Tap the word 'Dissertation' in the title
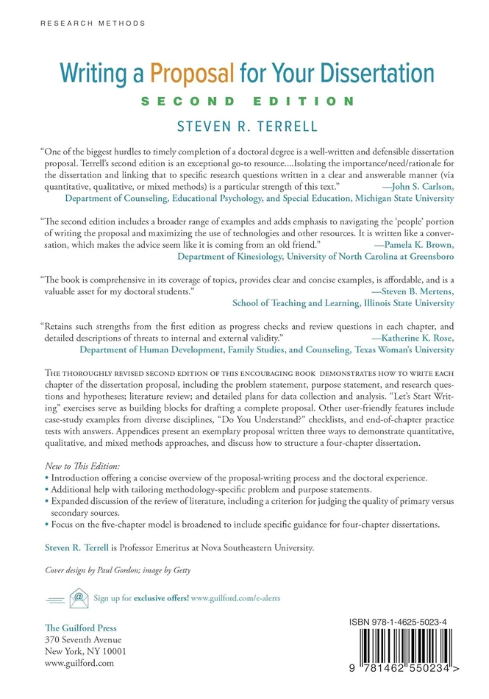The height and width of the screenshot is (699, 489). pyautogui.click(x=371, y=74)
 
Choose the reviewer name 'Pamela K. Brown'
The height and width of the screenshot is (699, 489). pyautogui.click(x=413, y=244)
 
